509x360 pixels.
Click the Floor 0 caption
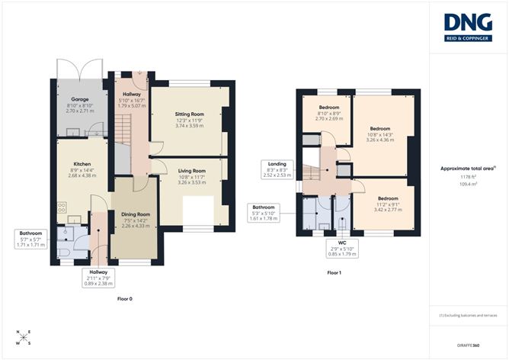point(125,298)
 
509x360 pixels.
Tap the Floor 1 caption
point(334,272)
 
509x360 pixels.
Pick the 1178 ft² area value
point(468,177)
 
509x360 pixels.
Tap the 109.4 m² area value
point(468,184)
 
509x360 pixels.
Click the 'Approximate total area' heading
point(468,168)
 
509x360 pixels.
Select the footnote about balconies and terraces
point(468,314)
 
